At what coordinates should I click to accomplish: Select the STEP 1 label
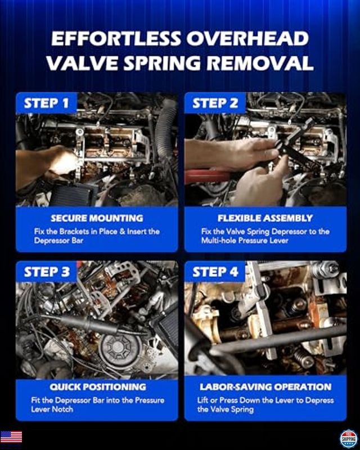pyautogui.click(x=49, y=103)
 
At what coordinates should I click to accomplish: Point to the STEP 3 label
pyautogui.click(x=49, y=272)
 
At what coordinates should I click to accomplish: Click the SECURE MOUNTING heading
pyautogui.click(x=97, y=218)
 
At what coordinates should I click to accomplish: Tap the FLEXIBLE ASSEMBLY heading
pyautogui.click(x=265, y=218)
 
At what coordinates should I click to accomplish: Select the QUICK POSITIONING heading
pyautogui.click(x=97, y=387)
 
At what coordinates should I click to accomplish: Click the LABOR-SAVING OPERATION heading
pyautogui.click(x=265, y=387)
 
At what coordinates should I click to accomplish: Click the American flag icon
pyautogui.click(x=11, y=437)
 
